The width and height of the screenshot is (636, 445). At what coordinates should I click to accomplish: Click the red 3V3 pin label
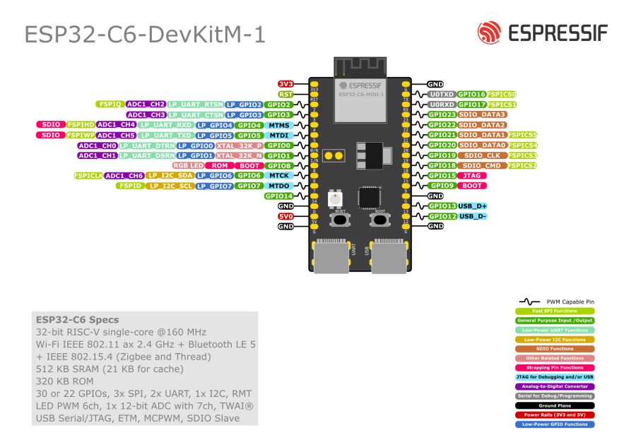[x=285, y=83]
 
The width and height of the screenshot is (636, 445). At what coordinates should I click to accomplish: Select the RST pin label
[x=285, y=94]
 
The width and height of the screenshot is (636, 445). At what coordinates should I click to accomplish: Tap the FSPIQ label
[x=110, y=104]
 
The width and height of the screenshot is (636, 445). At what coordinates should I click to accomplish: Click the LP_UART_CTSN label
[x=196, y=114]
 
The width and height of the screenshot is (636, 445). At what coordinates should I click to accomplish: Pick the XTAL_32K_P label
[x=240, y=145]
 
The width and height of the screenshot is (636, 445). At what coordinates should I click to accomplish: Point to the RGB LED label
[x=188, y=165]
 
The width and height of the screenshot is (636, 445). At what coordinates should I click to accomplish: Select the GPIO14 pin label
[x=278, y=196]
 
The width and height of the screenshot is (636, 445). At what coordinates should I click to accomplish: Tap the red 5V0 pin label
[x=285, y=216]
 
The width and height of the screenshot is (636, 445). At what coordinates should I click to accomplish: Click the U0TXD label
[x=441, y=94]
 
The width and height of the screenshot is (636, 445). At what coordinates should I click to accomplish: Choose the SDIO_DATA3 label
[x=483, y=114]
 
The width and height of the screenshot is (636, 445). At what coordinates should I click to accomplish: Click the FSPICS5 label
[x=522, y=134]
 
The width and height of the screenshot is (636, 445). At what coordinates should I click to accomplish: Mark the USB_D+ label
[x=473, y=206]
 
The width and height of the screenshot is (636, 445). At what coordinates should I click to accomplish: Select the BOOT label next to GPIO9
[x=471, y=186]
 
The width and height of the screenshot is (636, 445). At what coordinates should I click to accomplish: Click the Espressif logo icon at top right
[x=489, y=32]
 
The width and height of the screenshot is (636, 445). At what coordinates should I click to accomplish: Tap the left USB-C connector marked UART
[x=331, y=258]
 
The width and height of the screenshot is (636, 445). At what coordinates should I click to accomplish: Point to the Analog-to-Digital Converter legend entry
[x=555, y=386]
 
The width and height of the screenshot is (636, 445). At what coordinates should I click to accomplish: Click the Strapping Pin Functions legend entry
[x=555, y=367]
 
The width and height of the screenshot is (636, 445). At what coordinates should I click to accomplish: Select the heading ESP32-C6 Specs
[x=78, y=319]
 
